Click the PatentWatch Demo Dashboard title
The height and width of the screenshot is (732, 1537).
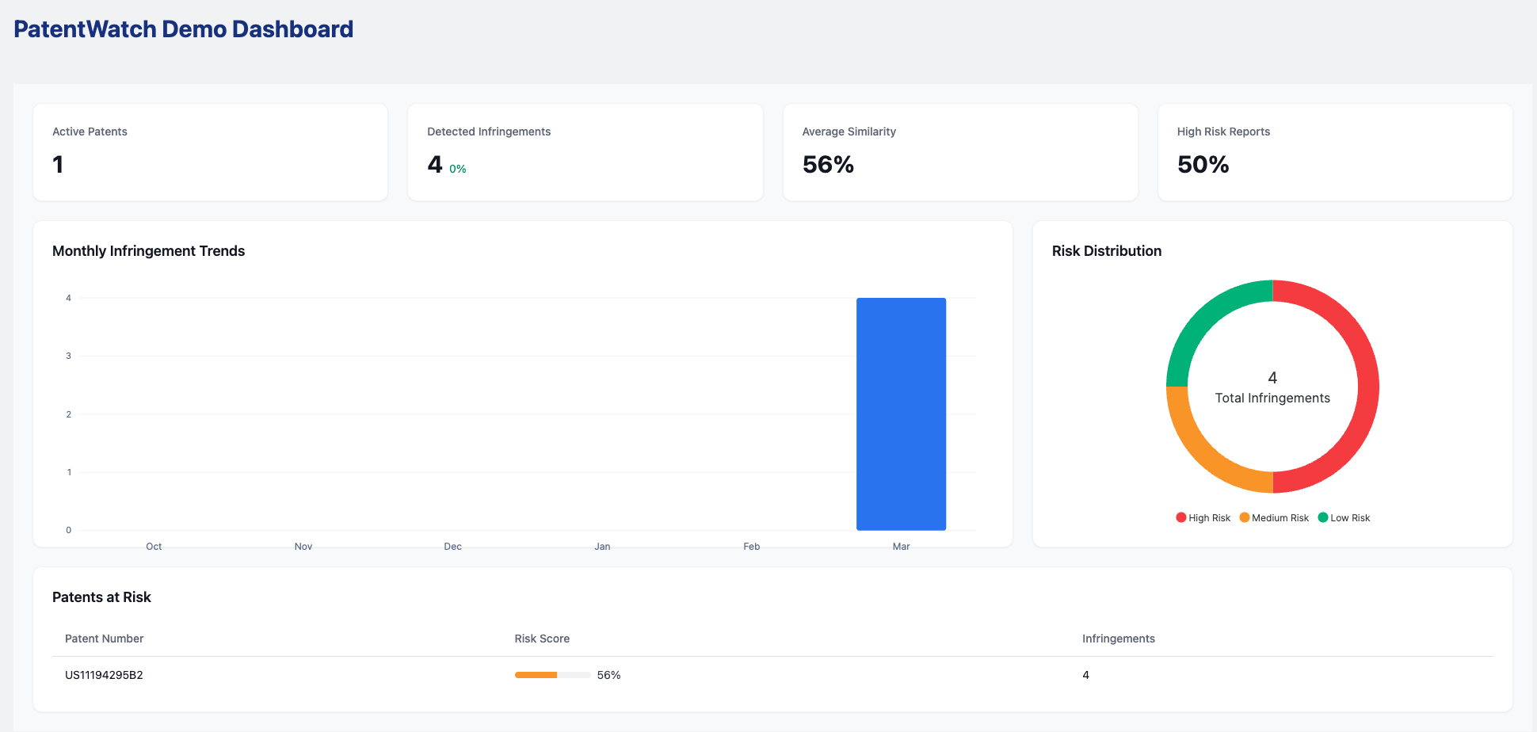pyautogui.click(x=183, y=29)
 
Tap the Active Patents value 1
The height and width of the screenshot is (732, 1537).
pyautogui.click(x=58, y=165)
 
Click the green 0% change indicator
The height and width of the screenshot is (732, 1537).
pyautogui.click(x=458, y=169)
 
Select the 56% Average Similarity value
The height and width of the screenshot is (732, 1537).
pyautogui.click(x=828, y=165)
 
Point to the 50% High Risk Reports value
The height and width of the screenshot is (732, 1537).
pyautogui.click(x=1203, y=165)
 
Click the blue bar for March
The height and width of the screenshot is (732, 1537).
pyautogui.click(x=901, y=414)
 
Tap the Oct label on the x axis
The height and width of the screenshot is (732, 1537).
pyautogui.click(x=154, y=547)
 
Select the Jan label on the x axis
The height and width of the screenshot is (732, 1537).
pyautogui.click(x=602, y=547)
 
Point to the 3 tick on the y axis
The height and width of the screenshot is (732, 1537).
pyautogui.click(x=68, y=356)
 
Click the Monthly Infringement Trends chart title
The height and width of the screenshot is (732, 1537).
pyautogui.click(x=148, y=251)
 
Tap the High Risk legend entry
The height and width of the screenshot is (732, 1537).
pyautogui.click(x=1203, y=518)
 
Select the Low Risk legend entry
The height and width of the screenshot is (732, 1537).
pyautogui.click(x=1344, y=518)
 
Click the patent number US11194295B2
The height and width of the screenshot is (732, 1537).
pyautogui.click(x=104, y=675)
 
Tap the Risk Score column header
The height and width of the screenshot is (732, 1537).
pyautogui.click(x=542, y=639)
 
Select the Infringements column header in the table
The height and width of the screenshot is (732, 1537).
pyautogui.click(x=1118, y=639)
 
